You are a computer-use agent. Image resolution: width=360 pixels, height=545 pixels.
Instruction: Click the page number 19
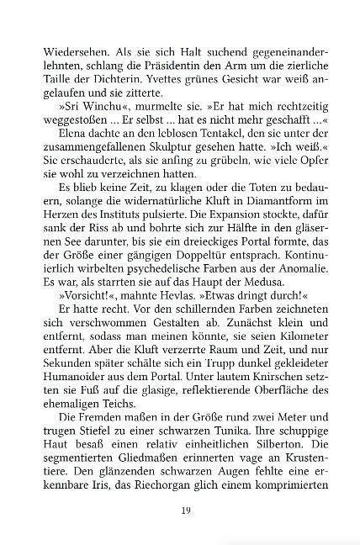(181, 510)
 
